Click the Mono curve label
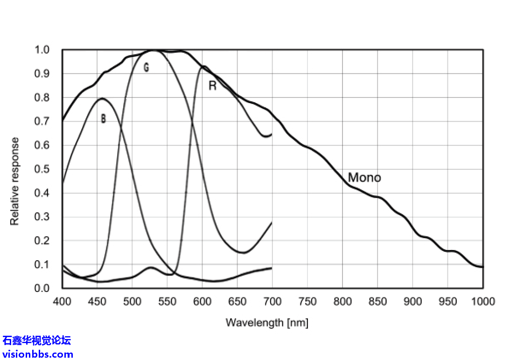(364, 178)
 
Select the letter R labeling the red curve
(212, 86)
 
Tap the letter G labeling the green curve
(146, 68)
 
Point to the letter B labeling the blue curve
(103, 119)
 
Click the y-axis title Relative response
(15, 181)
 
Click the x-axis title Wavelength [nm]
(267, 322)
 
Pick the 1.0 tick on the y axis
(43, 50)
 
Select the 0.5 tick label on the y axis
(43, 169)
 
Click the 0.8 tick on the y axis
(43, 97)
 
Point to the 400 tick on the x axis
(62, 301)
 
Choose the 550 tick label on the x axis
(167, 301)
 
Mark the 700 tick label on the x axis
(272, 301)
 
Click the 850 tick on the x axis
(377, 301)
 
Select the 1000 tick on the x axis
(482, 301)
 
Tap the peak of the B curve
(102, 98)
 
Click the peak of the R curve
(203, 66)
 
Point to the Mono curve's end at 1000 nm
(482, 267)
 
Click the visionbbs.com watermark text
(37, 354)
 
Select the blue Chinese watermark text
(37, 340)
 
